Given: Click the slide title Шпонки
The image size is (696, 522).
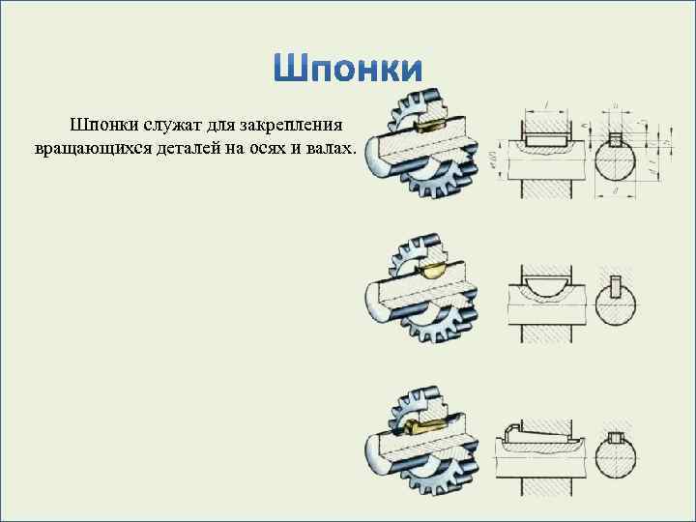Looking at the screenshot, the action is click(349, 69).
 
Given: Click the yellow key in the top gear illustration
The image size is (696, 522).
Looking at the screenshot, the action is click(426, 123).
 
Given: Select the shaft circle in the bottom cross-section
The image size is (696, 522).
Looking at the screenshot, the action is click(616, 457).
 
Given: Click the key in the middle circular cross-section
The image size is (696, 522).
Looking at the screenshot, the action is click(616, 287).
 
